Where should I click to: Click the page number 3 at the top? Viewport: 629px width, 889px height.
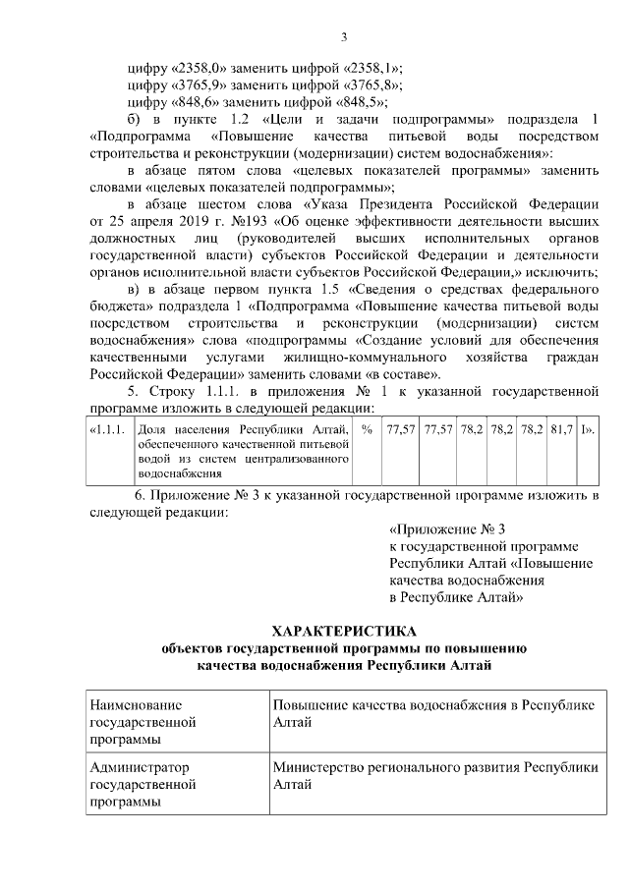pyautogui.click(x=344, y=37)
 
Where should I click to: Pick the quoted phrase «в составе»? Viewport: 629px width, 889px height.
pyautogui.click(x=408, y=372)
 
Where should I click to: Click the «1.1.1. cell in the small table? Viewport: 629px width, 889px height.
pyautogui.click(x=106, y=430)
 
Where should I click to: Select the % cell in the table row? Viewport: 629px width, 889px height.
pyautogui.click(x=367, y=430)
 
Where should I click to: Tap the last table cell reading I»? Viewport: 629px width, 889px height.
pyautogui.click(x=587, y=430)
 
